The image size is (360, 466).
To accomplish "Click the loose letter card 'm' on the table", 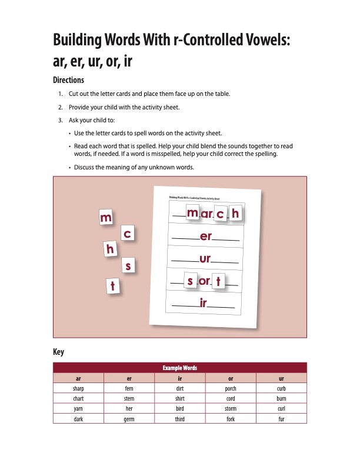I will point(106,218).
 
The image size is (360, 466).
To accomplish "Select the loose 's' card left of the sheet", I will point(129,266).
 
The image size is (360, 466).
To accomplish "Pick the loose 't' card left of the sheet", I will point(113,286).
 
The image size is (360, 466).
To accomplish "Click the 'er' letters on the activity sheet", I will point(206,237).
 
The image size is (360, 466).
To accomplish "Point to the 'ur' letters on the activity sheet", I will point(205,259).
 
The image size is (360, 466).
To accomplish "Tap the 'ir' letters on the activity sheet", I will point(204,303).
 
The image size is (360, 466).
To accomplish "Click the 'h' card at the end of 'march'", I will point(235,214).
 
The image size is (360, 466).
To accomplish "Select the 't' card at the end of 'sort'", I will point(218,282).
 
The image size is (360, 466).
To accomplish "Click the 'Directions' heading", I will point(69,80).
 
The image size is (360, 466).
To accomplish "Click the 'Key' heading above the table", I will point(58,352).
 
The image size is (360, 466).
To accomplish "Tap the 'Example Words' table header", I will point(180,368).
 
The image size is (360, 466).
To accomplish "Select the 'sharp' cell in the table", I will point(78,389).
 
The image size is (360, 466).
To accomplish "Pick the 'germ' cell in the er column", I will point(129,419).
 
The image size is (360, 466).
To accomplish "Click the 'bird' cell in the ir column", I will point(180,409).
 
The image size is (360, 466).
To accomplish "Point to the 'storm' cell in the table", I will point(231,409).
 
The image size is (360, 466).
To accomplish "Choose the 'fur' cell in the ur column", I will point(281,419).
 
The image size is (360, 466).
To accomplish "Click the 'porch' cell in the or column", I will point(231,389).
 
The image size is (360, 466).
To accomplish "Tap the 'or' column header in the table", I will point(231,378).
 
